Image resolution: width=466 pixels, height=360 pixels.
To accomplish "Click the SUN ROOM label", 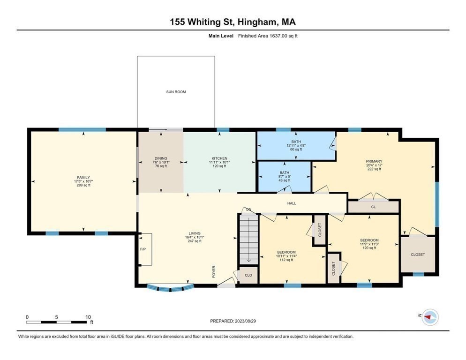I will (176, 92).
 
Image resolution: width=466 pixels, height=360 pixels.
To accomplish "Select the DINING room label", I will (161, 158).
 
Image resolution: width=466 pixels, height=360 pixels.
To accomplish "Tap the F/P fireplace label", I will (143, 249).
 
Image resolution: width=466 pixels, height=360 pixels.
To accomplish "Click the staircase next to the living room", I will (248, 239).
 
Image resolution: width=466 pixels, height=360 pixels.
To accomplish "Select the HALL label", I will (292, 203).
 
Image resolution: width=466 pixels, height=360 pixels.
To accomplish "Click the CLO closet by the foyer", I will (248, 276).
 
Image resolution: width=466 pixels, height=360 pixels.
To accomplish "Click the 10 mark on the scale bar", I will (88, 317).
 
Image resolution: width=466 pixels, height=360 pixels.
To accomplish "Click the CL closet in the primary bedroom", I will (373, 206).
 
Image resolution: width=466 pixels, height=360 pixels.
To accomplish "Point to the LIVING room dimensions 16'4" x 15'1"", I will (194, 237).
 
